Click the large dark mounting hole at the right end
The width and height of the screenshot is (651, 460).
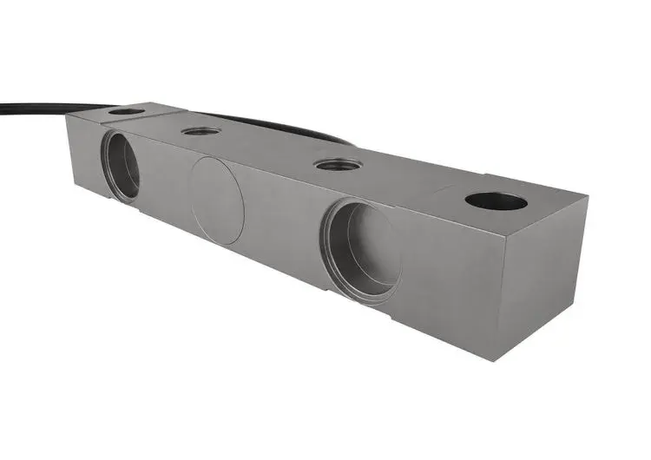coord(496,201)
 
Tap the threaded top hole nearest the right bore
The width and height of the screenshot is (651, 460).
coord(338,164)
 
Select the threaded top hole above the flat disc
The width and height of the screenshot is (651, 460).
coord(201,131)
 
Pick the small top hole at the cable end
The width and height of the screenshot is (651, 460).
coord(127,111)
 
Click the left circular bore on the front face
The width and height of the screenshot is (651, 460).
coord(121,164)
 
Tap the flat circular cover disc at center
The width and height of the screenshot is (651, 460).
coord(217,200)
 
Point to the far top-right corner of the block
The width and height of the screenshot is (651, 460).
coord(588,197)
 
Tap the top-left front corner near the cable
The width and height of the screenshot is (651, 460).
coord(67,117)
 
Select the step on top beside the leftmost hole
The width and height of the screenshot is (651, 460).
coord(161,110)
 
